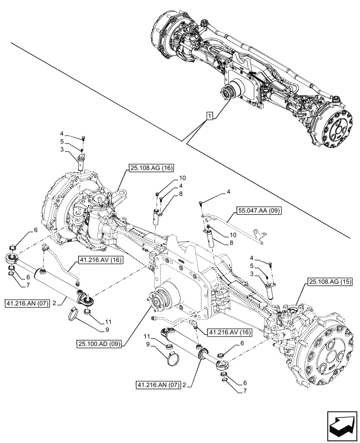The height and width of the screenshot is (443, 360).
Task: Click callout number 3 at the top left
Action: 63,151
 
